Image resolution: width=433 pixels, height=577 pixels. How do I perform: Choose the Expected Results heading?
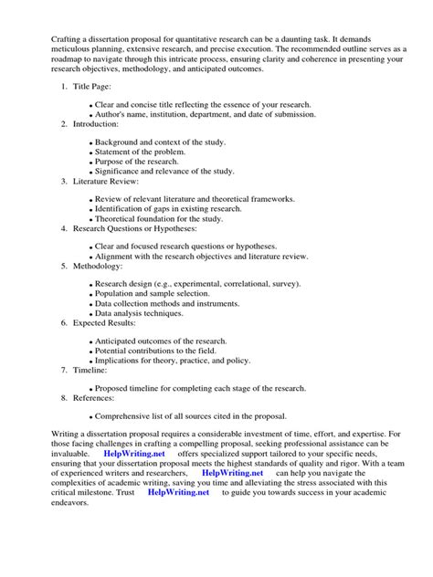[x=111, y=323]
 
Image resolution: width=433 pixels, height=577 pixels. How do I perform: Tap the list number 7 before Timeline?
[x=64, y=371]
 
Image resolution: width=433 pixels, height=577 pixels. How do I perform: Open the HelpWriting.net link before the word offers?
[x=134, y=453]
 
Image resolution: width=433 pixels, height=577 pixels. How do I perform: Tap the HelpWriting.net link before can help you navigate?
[x=232, y=472]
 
